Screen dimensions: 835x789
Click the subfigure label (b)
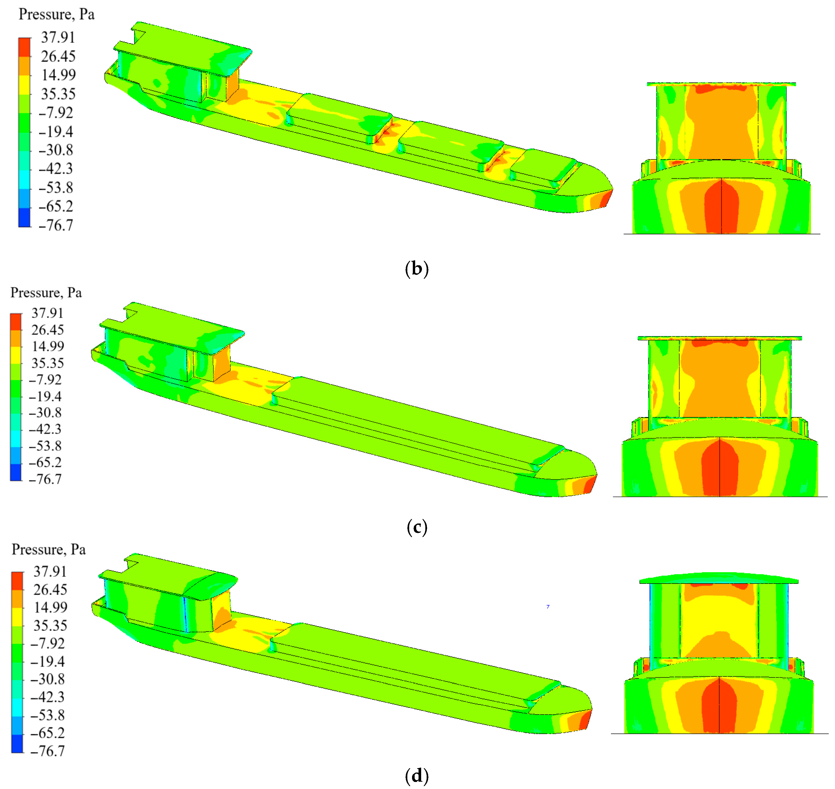[417, 269]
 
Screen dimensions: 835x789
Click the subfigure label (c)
[417, 527]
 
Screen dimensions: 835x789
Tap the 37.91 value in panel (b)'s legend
[58, 38]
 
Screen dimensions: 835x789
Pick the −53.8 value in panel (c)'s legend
[45, 446]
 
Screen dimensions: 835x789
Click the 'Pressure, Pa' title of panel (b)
[57, 15]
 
